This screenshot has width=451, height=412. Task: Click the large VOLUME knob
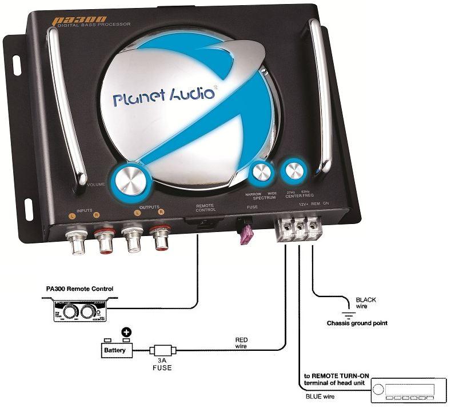point(131,179)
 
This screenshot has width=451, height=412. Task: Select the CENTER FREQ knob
point(294,171)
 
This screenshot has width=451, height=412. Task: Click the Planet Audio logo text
point(164,95)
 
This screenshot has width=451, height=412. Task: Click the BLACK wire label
point(366,302)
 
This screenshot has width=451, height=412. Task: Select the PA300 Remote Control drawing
point(79,312)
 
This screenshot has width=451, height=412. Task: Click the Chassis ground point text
point(357,323)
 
